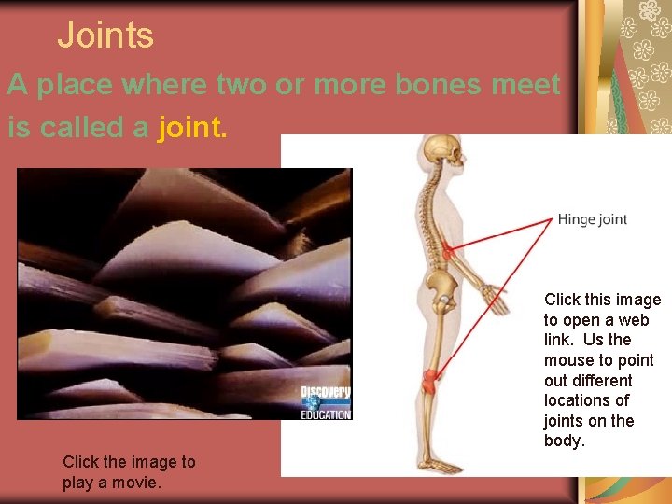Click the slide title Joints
[105, 35]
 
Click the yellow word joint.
[192, 126]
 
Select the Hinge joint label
[592, 220]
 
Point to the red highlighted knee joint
[429, 381]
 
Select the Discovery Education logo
[325, 402]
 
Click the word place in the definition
[71, 85]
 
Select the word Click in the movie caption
[81, 462]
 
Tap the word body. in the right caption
[564, 441]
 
